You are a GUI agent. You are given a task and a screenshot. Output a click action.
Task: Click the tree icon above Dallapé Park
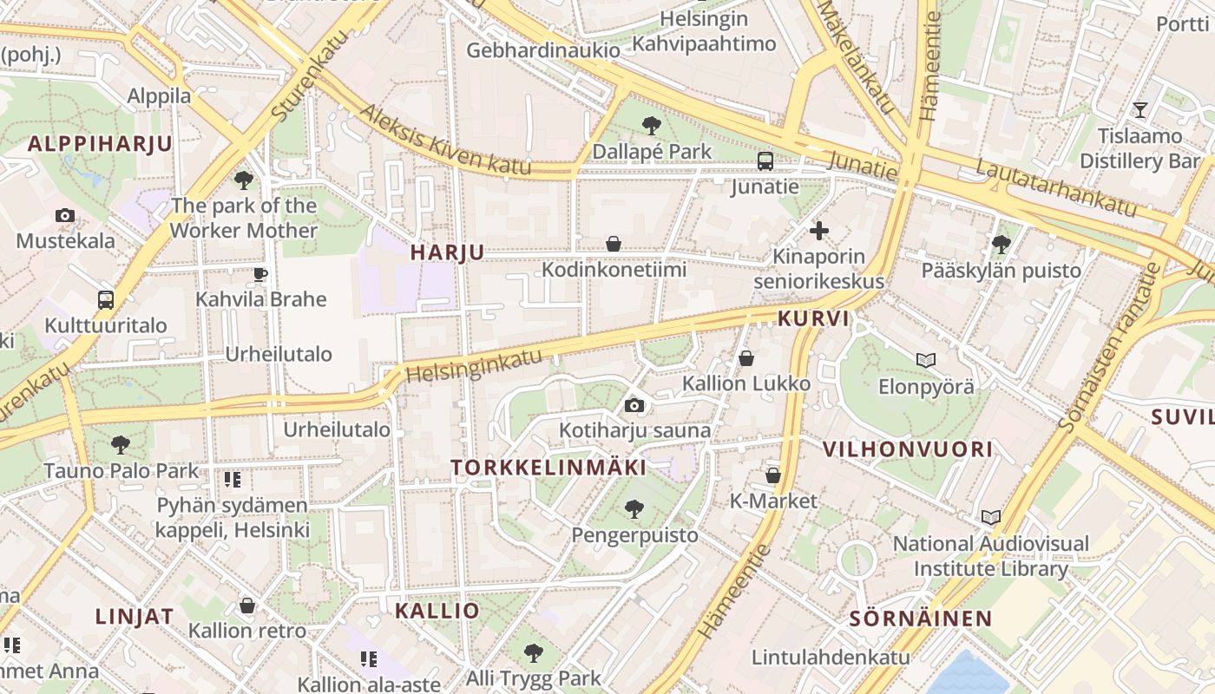(x=651, y=126)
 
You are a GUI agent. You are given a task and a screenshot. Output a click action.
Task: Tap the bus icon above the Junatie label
(x=765, y=160)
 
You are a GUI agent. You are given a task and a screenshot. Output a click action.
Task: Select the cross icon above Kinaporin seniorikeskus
(x=818, y=231)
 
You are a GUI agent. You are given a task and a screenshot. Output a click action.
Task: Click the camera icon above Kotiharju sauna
(x=634, y=405)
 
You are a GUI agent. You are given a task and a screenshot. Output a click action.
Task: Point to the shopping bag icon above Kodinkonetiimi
(x=614, y=244)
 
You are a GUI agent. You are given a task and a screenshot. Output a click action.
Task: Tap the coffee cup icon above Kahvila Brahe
(x=259, y=275)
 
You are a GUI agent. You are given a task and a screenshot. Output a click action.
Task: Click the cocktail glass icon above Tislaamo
(x=1140, y=110)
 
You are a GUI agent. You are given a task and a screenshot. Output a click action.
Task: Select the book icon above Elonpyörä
(x=926, y=360)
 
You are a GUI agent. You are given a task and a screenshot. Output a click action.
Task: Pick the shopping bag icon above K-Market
(x=773, y=475)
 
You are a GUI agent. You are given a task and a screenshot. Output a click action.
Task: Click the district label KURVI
(x=813, y=318)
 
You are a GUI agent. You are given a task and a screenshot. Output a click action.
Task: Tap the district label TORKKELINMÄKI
(x=548, y=468)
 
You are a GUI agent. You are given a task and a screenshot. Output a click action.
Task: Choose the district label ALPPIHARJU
(x=101, y=144)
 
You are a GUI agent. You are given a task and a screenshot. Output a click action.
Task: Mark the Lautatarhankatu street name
(x=1055, y=187)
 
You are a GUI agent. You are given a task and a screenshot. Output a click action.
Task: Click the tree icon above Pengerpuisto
(x=634, y=508)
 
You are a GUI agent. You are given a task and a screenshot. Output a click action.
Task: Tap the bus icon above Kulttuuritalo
(x=106, y=300)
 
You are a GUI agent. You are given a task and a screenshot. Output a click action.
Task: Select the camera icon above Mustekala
(x=64, y=215)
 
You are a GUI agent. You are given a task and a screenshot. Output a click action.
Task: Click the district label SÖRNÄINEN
(x=920, y=619)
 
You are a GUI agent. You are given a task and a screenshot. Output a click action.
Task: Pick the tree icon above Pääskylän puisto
(x=1002, y=245)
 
